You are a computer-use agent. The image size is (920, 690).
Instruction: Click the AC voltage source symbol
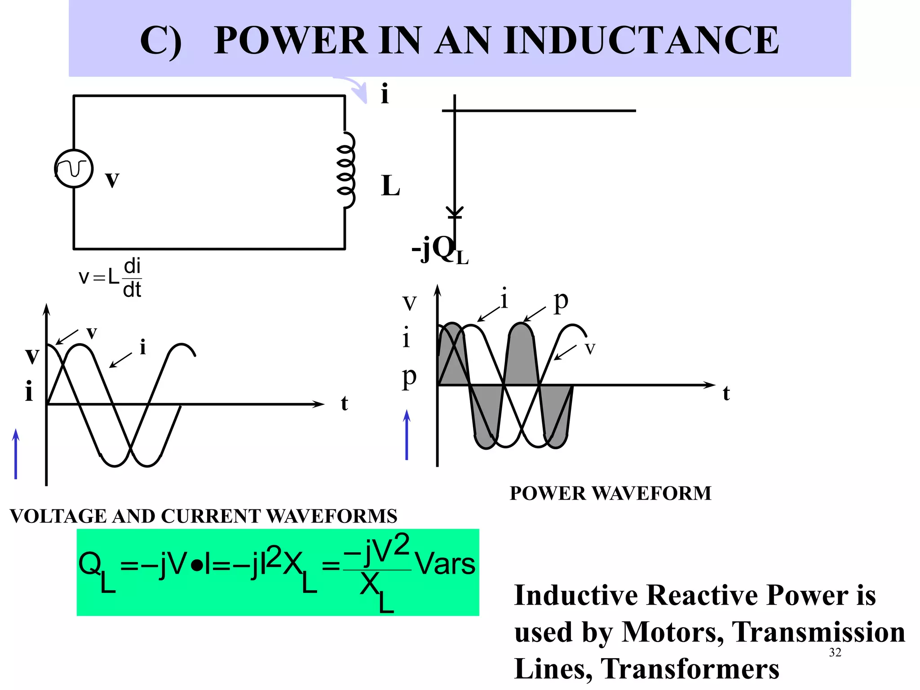pyautogui.click(x=74, y=168)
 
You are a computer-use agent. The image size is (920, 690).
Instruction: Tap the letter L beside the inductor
pyautogui.click(x=390, y=186)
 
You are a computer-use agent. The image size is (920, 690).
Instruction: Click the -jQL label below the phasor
pyautogui.click(x=439, y=250)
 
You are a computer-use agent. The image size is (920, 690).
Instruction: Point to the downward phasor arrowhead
pyautogui.click(x=455, y=213)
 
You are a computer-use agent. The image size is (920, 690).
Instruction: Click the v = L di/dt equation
pyautogui.click(x=111, y=278)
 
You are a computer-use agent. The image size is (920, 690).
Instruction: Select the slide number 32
pyautogui.click(x=835, y=652)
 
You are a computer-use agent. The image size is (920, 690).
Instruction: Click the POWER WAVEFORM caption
pyautogui.click(x=610, y=493)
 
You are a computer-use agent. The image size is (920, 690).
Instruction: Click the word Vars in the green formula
pyautogui.click(x=445, y=564)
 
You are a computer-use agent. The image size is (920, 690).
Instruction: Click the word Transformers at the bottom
pyautogui.click(x=690, y=669)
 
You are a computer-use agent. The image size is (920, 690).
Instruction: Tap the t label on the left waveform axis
pyautogui.click(x=344, y=403)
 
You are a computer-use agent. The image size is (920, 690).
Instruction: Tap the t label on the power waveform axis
pyautogui.click(x=726, y=394)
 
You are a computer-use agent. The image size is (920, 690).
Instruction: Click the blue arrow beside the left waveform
pyautogui.click(x=16, y=454)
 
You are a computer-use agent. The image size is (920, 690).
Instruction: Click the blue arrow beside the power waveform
pyautogui.click(x=407, y=435)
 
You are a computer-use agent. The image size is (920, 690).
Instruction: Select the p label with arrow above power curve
pyautogui.click(x=560, y=301)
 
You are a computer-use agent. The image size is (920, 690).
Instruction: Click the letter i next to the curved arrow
pyautogui.click(x=385, y=94)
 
